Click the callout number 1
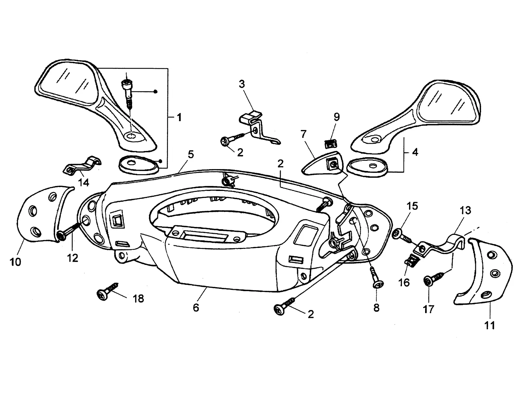click(x=179, y=117)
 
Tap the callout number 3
click(x=242, y=84)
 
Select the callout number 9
click(x=337, y=117)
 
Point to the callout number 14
click(x=84, y=182)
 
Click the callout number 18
click(x=139, y=298)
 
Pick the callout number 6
click(x=196, y=308)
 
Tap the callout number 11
click(x=490, y=325)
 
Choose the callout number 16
click(x=404, y=283)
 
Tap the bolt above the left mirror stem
click(x=127, y=92)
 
